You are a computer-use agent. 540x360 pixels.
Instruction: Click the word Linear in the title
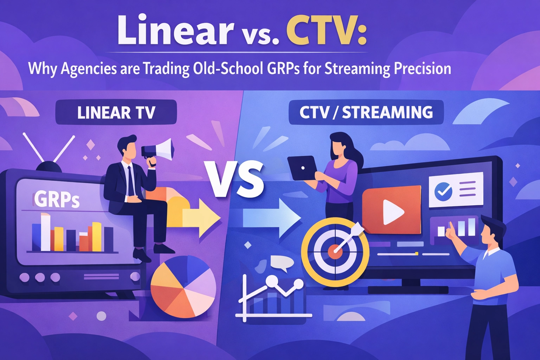(x=175, y=30)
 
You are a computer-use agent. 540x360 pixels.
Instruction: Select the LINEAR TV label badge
(x=116, y=112)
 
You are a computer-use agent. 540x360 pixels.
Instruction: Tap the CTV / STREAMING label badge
(x=366, y=112)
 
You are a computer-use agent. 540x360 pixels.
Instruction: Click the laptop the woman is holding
(x=302, y=168)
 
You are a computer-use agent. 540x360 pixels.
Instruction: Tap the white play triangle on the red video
(x=393, y=212)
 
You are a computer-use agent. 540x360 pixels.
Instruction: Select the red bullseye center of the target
(x=334, y=252)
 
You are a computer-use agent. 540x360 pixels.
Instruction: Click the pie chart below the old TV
(x=183, y=286)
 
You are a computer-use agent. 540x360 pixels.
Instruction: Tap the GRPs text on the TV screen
(x=57, y=199)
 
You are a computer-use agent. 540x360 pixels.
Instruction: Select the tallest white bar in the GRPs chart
(x=45, y=232)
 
